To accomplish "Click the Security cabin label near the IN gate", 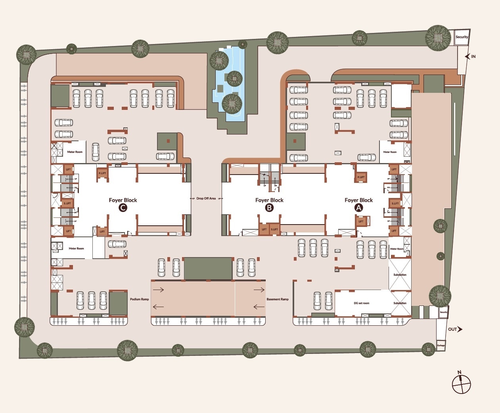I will (462, 37).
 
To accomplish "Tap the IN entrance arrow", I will (468, 57).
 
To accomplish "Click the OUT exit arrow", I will (460, 329).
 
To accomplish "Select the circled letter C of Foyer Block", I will (123, 208).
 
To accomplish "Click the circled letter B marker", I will (269, 208).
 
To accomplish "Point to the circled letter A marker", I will (358, 208).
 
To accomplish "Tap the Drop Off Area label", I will (206, 198).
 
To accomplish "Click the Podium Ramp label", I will (139, 299).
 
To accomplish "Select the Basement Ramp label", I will (278, 299).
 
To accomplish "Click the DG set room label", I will (361, 303).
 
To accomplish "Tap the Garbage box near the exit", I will (441, 345).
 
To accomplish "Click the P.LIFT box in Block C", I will (102, 173).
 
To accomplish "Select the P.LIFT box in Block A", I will (361, 177).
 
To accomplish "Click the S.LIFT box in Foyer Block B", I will (274, 229).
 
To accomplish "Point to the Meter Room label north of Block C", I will (75, 152).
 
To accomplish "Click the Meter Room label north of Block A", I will (389, 152).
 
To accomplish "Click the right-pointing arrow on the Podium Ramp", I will (159, 290).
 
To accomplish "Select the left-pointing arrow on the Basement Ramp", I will (259, 306).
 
